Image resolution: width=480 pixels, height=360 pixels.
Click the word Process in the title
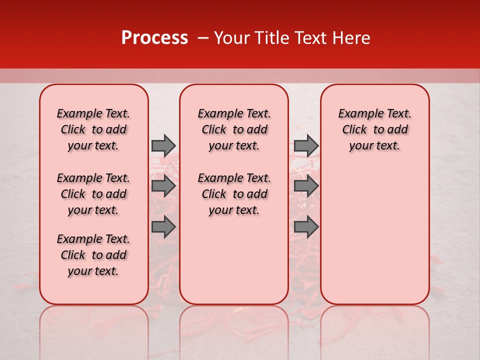pyautogui.click(x=154, y=38)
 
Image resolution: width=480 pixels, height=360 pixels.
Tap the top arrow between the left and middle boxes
pyautogui.click(x=163, y=145)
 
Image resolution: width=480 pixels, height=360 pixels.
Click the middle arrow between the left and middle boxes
pyautogui.click(x=163, y=186)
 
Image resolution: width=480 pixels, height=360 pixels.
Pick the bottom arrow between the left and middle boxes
pyautogui.click(x=163, y=227)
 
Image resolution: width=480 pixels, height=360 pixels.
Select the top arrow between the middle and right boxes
pyautogui.click(x=306, y=145)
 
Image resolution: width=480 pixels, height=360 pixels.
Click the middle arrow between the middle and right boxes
pyautogui.click(x=306, y=186)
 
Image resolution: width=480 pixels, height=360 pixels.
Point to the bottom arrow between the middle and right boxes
pyautogui.click(x=306, y=227)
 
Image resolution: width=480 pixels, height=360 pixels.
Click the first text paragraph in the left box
pyautogui.click(x=93, y=129)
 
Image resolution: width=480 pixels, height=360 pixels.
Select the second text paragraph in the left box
pyautogui.click(x=93, y=194)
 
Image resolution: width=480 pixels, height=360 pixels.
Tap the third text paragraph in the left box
pyautogui.click(x=93, y=255)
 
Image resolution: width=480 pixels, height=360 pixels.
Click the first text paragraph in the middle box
pyautogui.click(x=234, y=129)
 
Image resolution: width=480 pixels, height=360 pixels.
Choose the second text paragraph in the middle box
pyautogui.click(x=234, y=194)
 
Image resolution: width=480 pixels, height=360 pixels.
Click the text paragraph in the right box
pyautogui.click(x=374, y=129)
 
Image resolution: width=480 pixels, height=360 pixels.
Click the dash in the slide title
pyautogui.click(x=202, y=38)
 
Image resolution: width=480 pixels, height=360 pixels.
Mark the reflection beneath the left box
pyautogui.click(x=94, y=330)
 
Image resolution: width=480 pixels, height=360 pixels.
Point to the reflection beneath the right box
pyautogui.click(x=374, y=330)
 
